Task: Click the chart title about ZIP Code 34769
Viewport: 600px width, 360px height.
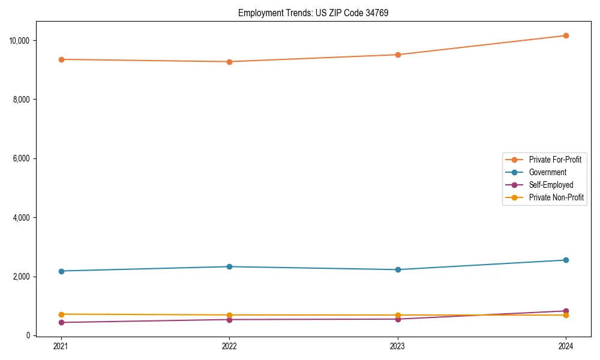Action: click(313, 13)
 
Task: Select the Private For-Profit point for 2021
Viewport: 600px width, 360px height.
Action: click(61, 59)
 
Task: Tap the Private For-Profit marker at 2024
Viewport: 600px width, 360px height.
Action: click(566, 35)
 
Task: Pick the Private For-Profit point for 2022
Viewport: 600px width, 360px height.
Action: click(229, 62)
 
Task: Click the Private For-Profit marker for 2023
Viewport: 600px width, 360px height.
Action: click(398, 55)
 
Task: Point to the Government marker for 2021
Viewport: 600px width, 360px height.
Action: click(61, 271)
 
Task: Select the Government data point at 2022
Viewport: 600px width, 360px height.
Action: click(229, 266)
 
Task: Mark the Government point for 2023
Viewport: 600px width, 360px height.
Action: click(398, 269)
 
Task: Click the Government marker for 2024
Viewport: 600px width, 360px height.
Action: click(566, 260)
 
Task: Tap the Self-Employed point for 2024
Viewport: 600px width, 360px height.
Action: click(566, 311)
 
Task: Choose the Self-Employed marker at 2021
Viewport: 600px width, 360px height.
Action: click(61, 322)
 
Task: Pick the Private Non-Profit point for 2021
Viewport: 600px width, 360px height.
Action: click(61, 314)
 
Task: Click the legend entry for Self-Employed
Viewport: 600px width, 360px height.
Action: click(551, 185)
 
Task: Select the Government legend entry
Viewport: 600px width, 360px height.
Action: click(547, 172)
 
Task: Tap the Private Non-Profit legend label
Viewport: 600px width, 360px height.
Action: click(556, 197)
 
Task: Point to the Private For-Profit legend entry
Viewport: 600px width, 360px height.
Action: click(555, 160)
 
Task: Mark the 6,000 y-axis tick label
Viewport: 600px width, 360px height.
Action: click(22, 159)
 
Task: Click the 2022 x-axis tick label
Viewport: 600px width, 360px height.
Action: click(229, 346)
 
